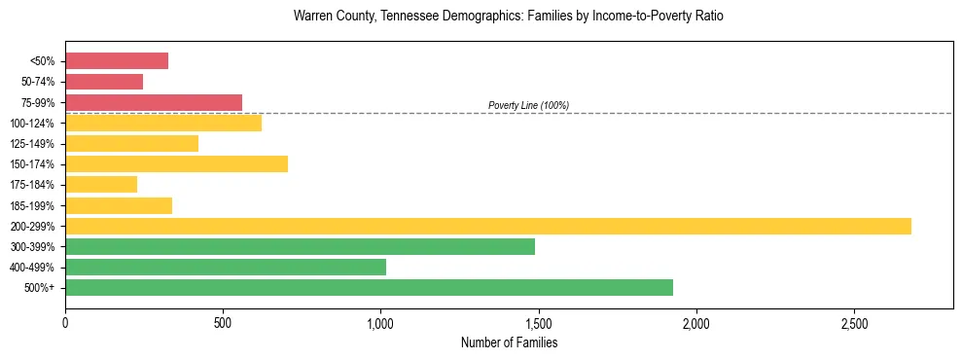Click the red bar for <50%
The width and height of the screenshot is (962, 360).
pos(117,61)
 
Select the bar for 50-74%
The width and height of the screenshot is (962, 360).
pos(104,82)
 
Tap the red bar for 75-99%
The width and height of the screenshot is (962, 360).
pos(154,102)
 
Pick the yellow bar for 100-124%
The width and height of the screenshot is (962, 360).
pos(163,123)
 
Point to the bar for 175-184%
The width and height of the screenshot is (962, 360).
pos(101,185)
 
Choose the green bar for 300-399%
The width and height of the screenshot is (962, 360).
pos(300,246)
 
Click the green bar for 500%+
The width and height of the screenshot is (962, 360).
pos(369,287)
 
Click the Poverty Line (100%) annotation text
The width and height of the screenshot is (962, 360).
pos(528,105)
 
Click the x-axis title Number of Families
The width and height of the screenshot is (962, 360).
pos(509,342)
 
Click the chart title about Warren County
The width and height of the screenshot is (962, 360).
pos(509,17)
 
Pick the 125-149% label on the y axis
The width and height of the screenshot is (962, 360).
pos(33,144)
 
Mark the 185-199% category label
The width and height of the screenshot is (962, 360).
pos(33,205)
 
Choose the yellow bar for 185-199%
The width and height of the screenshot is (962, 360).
pos(119,205)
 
